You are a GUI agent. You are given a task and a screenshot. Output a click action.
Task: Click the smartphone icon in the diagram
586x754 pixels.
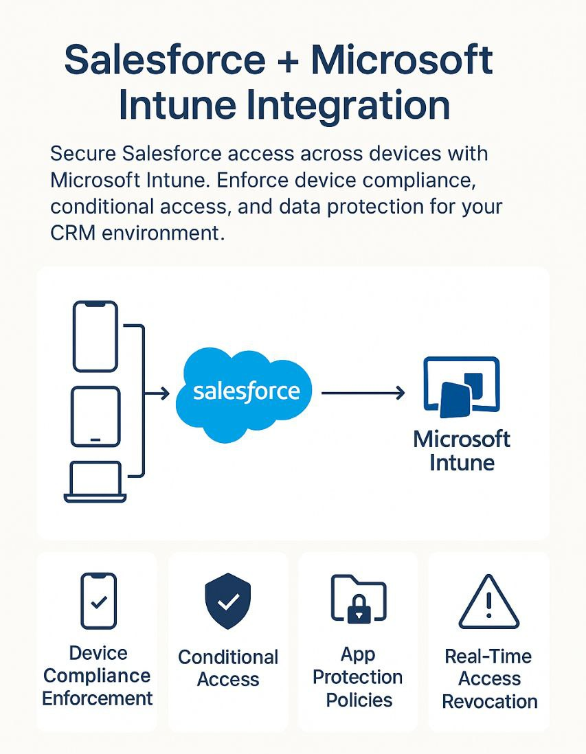pos(95,336)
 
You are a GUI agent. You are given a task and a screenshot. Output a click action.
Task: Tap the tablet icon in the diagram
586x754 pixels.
pos(95,416)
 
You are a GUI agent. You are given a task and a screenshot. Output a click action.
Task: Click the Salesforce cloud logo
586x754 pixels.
pos(243,394)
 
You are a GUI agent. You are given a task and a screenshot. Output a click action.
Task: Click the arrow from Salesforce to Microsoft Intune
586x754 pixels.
pos(363,393)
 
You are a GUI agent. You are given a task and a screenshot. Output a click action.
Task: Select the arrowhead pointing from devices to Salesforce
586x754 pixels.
pos(165,393)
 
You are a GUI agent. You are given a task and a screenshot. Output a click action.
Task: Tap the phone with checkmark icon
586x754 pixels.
pos(99,601)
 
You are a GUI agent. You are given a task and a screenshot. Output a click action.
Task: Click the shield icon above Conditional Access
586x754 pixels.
pos(228,601)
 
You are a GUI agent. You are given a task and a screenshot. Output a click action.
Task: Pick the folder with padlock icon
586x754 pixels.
pos(359,599)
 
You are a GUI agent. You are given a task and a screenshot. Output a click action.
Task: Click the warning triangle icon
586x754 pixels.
pos(489,602)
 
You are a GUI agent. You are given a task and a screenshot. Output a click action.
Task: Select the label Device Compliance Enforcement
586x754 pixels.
pos(98,676)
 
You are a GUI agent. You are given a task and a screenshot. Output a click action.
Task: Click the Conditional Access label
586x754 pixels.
pos(228,668)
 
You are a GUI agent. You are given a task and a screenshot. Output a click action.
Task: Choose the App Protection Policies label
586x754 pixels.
pos(358,677)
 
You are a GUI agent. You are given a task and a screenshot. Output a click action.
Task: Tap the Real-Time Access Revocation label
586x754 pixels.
pos(489,678)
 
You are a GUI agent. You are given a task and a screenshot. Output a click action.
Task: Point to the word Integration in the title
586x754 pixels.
pos(348,105)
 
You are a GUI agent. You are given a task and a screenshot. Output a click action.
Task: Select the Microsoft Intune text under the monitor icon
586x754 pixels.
pos(462,450)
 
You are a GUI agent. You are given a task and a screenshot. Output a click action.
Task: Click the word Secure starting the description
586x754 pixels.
pos(83,154)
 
